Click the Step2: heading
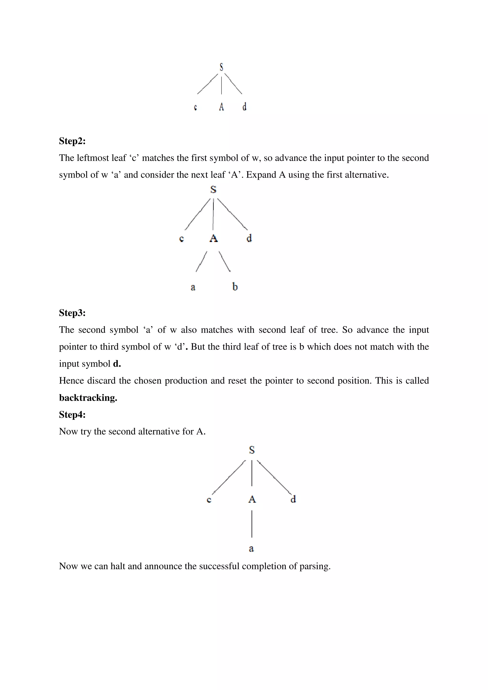[x=72, y=141]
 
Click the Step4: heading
[x=72, y=415]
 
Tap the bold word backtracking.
[x=88, y=398]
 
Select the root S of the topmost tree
[x=221, y=67]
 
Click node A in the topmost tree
[x=221, y=107]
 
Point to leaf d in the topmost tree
[x=244, y=106]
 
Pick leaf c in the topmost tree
[x=195, y=107]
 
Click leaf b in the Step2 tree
[x=235, y=286]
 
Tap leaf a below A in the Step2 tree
[x=193, y=287]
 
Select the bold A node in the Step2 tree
[x=213, y=238]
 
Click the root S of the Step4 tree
[x=252, y=450]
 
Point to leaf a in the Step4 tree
[x=251, y=549]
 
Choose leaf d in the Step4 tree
[x=293, y=499]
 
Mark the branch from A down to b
[x=225, y=261]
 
